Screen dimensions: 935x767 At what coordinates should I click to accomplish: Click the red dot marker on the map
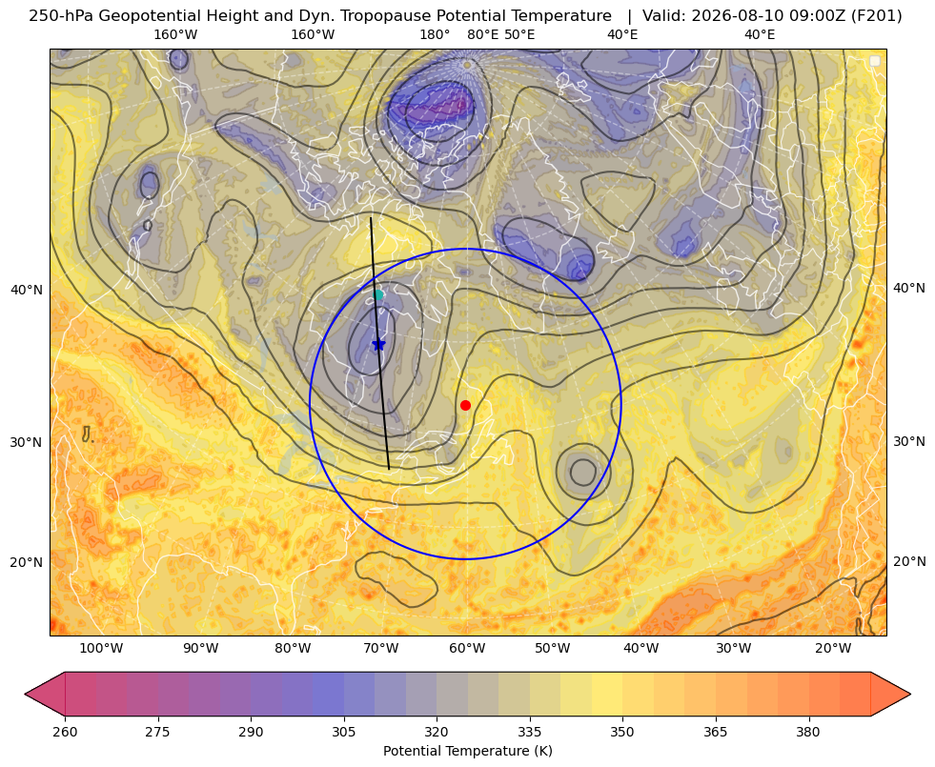point(466,405)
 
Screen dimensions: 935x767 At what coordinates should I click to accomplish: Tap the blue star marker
point(378,344)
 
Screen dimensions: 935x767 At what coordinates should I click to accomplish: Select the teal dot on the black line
point(378,294)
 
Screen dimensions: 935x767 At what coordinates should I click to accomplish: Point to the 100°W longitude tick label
point(101,649)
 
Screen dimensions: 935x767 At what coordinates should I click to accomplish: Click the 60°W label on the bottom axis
point(467,649)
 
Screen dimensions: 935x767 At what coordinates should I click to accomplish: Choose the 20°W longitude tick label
point(833,649)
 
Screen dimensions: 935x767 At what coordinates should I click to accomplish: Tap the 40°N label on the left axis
point(27,290)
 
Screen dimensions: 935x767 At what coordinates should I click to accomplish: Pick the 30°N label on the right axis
point(909,441)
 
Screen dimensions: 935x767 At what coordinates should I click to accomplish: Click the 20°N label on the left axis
point(27,562)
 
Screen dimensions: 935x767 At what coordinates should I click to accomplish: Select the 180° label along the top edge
point(435,34)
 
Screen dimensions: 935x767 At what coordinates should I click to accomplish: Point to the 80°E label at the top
point(482,34)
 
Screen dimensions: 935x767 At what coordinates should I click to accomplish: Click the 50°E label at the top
point(519,34)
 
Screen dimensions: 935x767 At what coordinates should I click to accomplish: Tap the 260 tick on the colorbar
point(65,732)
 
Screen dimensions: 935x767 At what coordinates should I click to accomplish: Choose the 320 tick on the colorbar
point(437,732)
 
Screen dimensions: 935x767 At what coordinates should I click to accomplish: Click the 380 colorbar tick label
point(808,732)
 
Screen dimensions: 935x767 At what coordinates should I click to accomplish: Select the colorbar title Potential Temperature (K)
point(467,751)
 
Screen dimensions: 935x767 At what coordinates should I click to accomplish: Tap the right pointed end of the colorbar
point(909,694)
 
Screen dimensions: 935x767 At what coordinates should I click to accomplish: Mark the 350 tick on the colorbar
point(622,732)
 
